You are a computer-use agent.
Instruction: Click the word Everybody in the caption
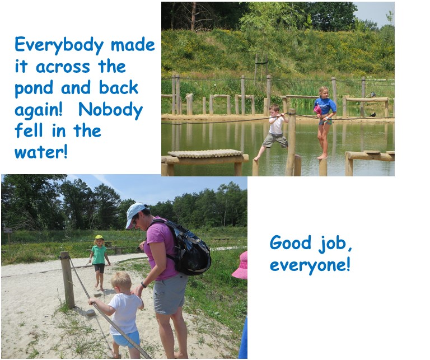[x=59, y=45]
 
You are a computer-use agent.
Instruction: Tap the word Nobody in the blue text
[x=110, y=110]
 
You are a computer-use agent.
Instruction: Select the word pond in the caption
[x=34, y=88]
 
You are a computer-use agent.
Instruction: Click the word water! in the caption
[x=41, y=152]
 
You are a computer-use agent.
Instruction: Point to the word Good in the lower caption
[x=291, y=242]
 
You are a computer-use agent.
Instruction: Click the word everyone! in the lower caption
[x=310, y=265]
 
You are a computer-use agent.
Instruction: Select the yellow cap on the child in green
[x=99, y=237]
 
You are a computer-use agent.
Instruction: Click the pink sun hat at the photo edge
[x=241, y=266]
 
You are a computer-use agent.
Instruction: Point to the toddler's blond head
[x=121, y=282]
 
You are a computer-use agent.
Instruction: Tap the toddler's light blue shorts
[x=126, y=339]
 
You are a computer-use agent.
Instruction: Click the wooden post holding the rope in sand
[x=67, y=280]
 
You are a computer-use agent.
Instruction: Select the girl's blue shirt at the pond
[x=325, y=106]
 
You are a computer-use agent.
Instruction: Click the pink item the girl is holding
[x=317, y=110]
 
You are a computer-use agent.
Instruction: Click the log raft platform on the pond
[x=205, y=153]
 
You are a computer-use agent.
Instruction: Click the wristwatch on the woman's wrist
[x=143, y=285]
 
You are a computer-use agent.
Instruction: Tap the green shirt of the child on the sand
[x=99, y=255]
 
